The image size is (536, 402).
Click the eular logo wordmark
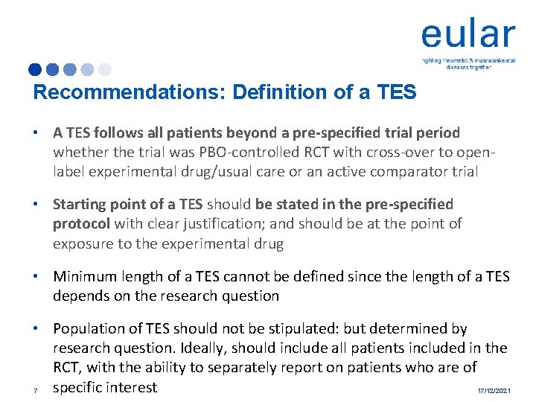click(468, 35)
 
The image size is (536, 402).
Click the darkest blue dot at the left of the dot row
click(35, 70)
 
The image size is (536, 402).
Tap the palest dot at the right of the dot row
click(104, 70)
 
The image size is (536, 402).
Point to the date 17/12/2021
click(493, 390)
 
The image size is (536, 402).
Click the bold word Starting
click(82, 204)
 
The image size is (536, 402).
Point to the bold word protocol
click(82, 223)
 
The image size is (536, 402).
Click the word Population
click(89, 328)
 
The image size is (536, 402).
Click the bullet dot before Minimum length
click(36, 276)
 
